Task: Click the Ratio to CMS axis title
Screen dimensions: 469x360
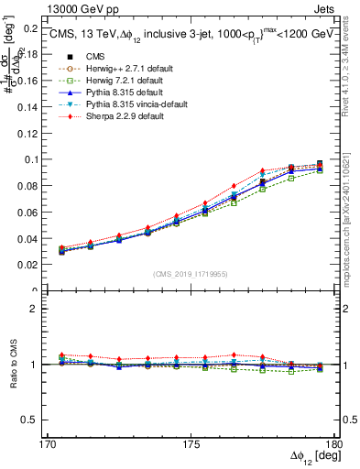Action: [x=11, y=364]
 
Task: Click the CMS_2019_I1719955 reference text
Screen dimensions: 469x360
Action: [x=190, y=273]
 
